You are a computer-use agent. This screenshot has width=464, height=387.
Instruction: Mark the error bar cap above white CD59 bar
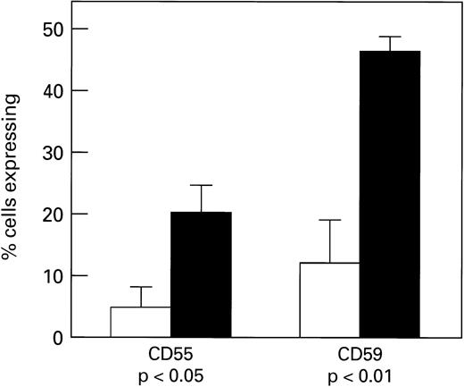[x=329, y=220]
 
